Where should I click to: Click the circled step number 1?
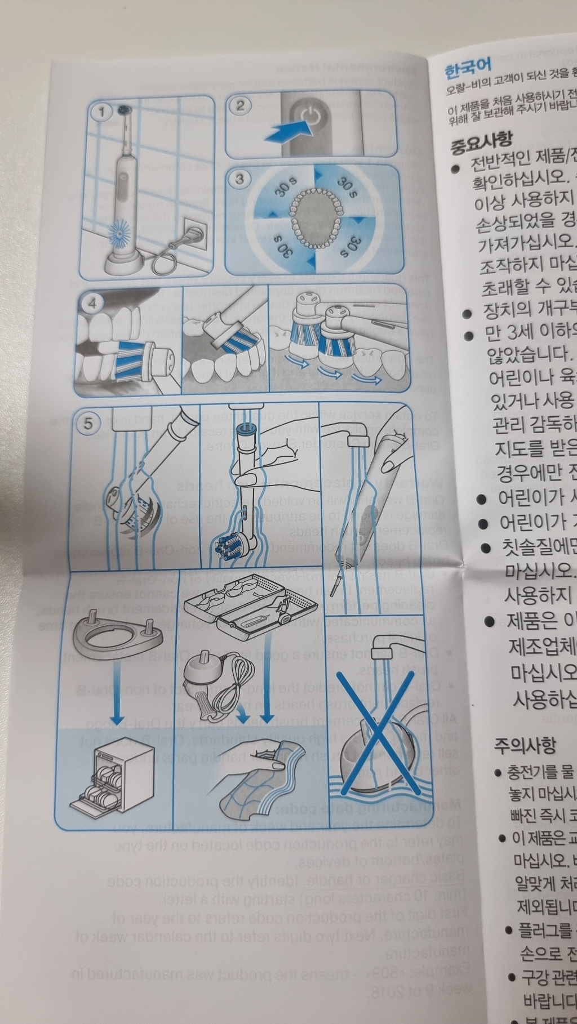click(x=102, y=112)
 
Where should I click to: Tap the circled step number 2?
click(x=241, y=105)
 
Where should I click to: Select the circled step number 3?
click(x=240, y=179)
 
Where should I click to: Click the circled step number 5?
click(x=88, y=423)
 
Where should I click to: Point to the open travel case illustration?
click(x=250, y=603)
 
